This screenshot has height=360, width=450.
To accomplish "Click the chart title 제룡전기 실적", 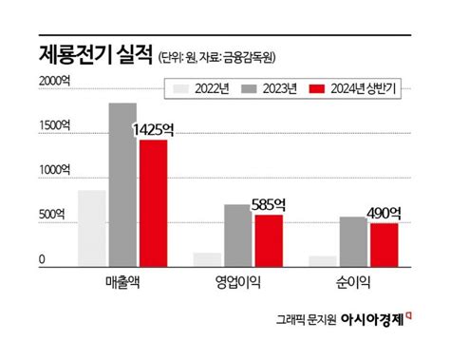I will coord(89,52).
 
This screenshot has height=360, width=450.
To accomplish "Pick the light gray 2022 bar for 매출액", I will coord(92,227).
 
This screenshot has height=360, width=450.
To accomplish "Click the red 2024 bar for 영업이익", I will coord(269,239).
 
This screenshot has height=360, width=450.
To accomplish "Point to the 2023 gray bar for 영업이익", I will coord(238,235).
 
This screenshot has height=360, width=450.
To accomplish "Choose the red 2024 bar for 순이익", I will coord(384,243).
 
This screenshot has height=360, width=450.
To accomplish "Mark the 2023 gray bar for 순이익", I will coord(354,240).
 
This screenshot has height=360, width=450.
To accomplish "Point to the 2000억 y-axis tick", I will coord(55,83).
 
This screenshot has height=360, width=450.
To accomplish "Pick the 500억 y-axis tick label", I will coord(52,215).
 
